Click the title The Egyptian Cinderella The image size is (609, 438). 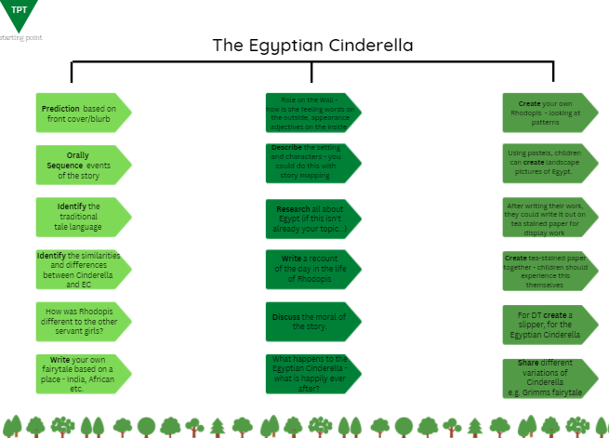tap(312, 45)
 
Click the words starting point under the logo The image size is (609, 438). tap(20, 37)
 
